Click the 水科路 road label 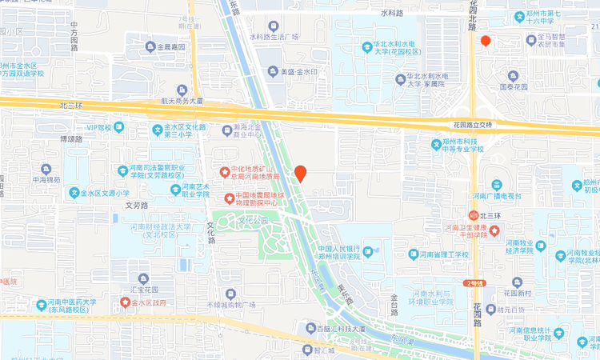click(x=393, y=14)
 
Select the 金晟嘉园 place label click(x=166, y=47)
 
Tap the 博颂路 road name click(x=71, y=139)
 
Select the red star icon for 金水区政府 click(x=125, y=302)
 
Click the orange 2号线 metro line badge click(x=475, y=282)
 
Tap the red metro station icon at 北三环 click(x=471, y=215)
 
